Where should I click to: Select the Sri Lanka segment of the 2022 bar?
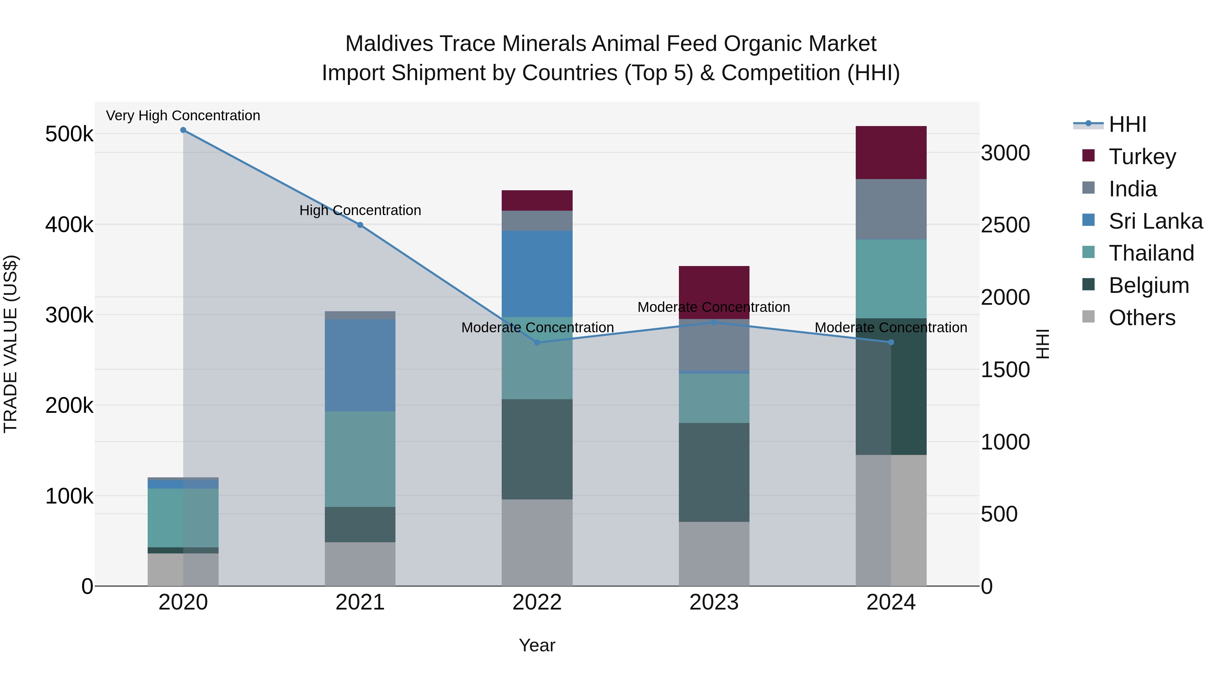click(x=537, y=274)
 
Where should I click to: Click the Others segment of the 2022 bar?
click(x=537, y=542)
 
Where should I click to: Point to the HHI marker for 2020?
click(x=183, y=130)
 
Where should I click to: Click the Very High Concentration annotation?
click(x=183, y=116)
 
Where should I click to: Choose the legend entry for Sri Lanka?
click(x=1155, y=221)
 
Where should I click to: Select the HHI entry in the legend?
click(x=1127, y=124)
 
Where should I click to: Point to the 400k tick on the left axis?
click(x=69, y=225)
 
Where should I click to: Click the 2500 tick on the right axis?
click(x=1005, y=225)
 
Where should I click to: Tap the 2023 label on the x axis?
click(x=714, y=602)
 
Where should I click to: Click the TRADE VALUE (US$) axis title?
click(x=11, y=344)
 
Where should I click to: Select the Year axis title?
click(x=537, y=645)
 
